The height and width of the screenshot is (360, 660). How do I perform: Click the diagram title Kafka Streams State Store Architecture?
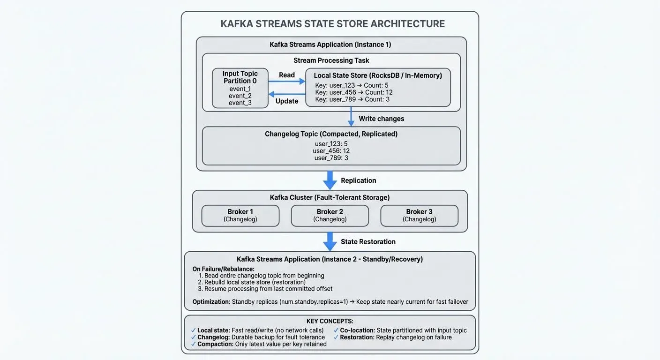click(x=332, y=24)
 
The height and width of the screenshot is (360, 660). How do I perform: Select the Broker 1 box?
click(x=240, y=216)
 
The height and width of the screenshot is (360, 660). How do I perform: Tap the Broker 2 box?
click(x=330, y=216)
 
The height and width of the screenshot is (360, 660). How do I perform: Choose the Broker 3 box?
click(x=419, y=216)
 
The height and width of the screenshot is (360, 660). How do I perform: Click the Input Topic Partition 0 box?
click(x=240, y=88)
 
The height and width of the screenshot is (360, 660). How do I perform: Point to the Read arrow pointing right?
click(x=286, y=82)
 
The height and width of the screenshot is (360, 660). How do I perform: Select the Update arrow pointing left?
click(x=286, y=94)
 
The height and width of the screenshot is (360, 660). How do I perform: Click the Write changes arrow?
click(x=351, y=116)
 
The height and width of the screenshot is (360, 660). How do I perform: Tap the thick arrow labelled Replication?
click(x=330, y=180)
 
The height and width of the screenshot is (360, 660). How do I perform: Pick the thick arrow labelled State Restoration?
click(x=330, y=241)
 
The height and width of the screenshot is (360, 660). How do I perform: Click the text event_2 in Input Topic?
click(x=240, y=96)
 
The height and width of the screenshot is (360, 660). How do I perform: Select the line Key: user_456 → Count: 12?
click(x=354, y=92)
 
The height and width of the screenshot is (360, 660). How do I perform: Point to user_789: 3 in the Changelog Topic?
click(x=331, y=158)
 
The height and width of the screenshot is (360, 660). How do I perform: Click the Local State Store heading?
click(x=378, y=75)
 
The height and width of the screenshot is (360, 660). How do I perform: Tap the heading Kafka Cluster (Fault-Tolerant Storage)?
click(x=330, y=197)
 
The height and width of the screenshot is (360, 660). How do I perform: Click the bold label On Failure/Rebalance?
click(x=223, y=269)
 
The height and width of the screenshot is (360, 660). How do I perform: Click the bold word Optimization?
click(x=211, y=302)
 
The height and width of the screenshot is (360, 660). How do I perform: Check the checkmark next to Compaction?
click(x=194, y=344)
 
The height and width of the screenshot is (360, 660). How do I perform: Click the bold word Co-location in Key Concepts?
click(x=357, y=330)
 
